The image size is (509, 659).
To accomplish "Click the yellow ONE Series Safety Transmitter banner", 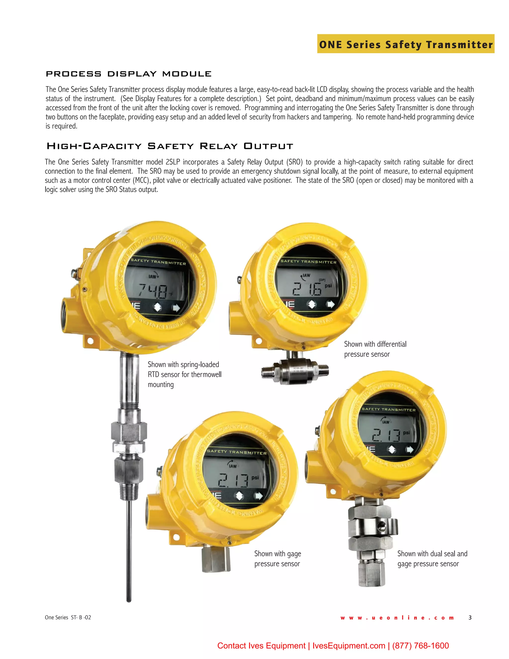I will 406,44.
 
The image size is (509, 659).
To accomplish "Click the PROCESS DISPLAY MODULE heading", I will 128,74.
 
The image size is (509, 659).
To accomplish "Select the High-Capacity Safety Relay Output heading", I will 170,146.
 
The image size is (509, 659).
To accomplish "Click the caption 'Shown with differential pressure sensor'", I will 375,349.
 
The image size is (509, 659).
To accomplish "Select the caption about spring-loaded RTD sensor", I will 184,374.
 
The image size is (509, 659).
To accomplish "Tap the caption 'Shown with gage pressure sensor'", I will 277,559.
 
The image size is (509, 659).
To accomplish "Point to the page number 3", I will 470,618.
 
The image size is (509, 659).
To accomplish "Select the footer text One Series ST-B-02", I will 68,617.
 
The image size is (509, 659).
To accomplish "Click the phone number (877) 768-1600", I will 421,646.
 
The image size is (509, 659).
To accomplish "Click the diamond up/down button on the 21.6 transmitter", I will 312,304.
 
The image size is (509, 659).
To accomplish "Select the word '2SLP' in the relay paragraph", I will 172,162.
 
